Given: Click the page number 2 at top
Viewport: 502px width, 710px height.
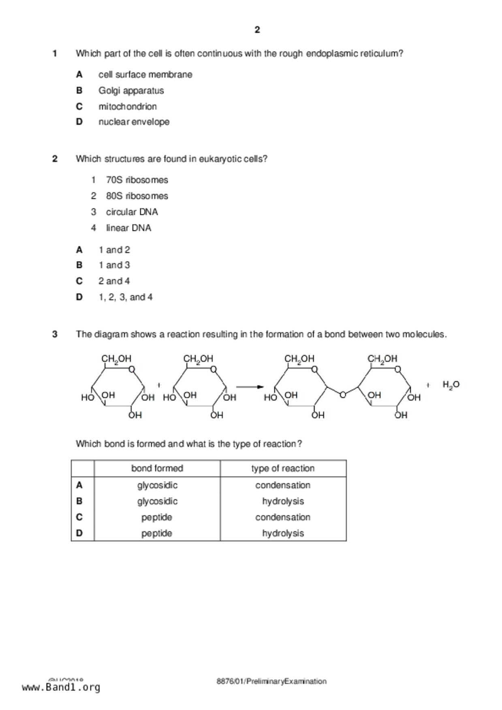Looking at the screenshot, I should pyautogui.click(x=257, y=30).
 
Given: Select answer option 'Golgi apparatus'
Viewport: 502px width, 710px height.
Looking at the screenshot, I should pyautogui.click(x=131, y=91).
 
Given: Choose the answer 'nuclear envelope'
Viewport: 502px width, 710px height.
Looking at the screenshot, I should pyautogui.click(x=134, y=122).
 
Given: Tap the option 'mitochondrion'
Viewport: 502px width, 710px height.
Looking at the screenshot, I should pyautogui.click(x=127, y=106).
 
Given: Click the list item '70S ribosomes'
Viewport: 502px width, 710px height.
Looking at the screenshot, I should pyautogui.click(x=137, y=180).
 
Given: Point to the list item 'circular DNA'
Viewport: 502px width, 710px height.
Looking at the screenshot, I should pyautogui.click(x=132, y=212).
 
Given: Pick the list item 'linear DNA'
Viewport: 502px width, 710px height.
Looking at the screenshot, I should pyautogui.click(x=128, y=228).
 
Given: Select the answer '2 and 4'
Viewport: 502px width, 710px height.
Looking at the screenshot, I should pyautogui.click(x=114, y=281).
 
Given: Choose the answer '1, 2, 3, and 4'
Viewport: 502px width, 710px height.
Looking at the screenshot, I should pyautogui.click(x=125, y=297).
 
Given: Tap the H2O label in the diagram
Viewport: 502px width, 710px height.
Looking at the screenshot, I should pyautogui.click(x=451, y=385).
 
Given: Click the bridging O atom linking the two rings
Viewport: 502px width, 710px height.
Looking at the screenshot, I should pyautogui.click(x=343, y=394).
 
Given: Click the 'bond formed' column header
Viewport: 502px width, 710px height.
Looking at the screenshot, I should pyautogui.click(x=157, y=468).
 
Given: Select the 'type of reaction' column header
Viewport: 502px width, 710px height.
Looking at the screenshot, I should pyautogui.click(x=283, y=468).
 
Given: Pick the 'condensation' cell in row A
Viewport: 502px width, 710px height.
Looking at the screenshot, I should pyautogui.click(x=283, y=485).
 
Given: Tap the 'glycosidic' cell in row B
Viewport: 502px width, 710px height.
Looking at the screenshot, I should pyautogui.click(x=157, y=501).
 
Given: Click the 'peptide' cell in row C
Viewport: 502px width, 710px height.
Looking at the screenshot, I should pyautogui.click(x=157, y=517).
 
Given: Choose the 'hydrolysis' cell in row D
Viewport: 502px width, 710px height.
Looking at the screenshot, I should pyautogui.click(x=283, y=533).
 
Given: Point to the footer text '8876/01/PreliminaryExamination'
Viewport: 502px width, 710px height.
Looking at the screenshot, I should pyautogui.click(x=271, y=681).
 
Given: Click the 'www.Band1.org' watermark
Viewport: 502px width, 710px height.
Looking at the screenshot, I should pyautogui.click(x=61, y=687).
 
